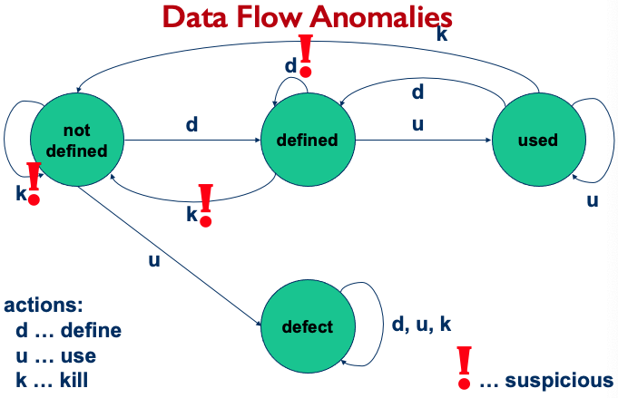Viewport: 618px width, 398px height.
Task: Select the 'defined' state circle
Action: click(306, 141)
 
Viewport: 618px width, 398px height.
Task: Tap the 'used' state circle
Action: click(536, 141)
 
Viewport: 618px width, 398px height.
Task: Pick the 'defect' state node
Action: click(306, 327)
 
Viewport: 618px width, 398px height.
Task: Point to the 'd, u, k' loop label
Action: click(422, 325)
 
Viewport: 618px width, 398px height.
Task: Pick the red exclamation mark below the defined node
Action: click(206, 204)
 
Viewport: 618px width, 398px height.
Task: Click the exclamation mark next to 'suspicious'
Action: click(465, 366)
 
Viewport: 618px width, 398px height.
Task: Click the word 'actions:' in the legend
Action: click(44, 306)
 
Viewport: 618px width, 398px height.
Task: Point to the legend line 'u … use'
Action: click(56, 354)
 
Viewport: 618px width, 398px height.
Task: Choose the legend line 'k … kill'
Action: click(52, 379)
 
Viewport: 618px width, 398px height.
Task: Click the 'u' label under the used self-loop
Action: click(592, 200)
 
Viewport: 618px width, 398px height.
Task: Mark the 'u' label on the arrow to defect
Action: click(154, 260)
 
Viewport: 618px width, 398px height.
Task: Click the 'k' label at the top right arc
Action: click(441, 35)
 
